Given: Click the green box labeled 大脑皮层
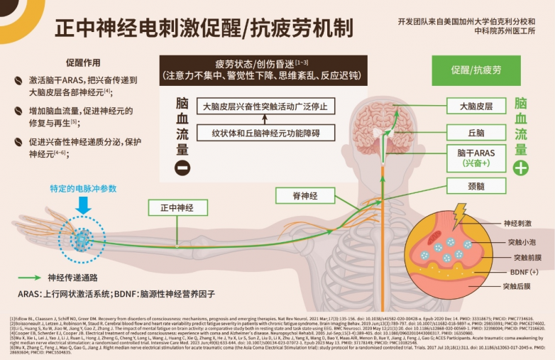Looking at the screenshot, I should pyautogui.click(x=475, y=107).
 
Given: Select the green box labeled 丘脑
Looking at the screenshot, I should pyautogui.click(x=475, y=133).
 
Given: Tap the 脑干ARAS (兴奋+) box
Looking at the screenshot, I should pyautogui.click(x=475, y=158).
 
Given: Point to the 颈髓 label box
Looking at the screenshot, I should pyautogui.click(x=475, y=188).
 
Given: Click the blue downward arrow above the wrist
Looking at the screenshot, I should pyautogui.click(x=83, y=204).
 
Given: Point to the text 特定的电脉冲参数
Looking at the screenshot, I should pyautogui.click(x=83, y=188).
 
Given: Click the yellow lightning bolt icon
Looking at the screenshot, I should pyautogui.click(x=459, y=214).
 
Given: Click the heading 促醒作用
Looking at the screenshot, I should pyautogui.click(x=84, y=62).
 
